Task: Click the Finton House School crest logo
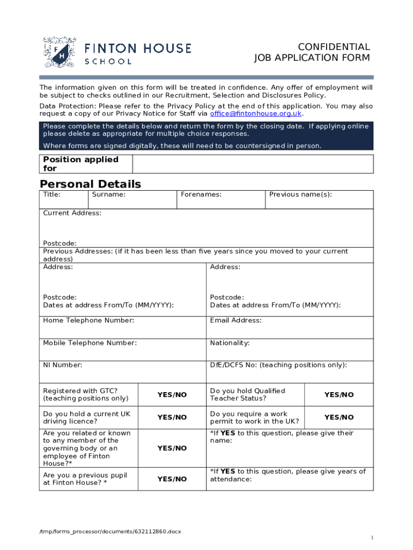59,52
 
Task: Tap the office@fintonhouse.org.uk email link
256,114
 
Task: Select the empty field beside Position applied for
253,164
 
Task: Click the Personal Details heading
91,184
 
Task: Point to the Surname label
109,194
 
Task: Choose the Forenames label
201,194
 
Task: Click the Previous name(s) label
300,194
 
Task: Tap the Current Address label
72,213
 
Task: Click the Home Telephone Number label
88,321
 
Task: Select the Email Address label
236,321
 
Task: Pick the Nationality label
230,343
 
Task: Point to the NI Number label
63,365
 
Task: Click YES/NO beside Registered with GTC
172,395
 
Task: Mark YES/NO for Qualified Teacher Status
339,395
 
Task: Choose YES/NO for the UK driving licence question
172,417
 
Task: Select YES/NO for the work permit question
339,417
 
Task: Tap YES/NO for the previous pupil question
172,479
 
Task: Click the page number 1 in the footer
372,538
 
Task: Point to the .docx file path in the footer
110,531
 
